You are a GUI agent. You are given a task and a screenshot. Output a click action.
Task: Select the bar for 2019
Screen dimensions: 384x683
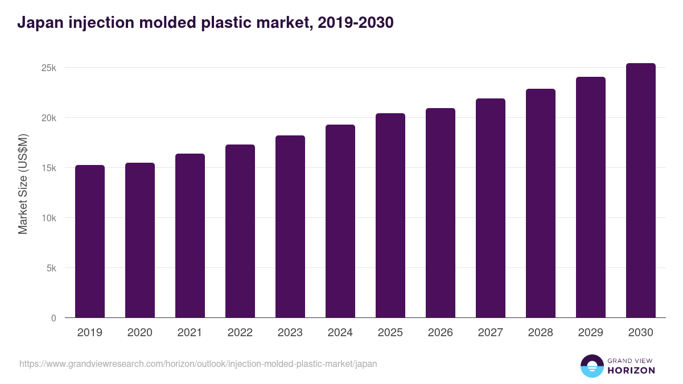pyautogui.click(x=90, y=241)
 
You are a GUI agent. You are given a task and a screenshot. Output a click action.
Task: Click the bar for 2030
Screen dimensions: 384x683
pyautogui.click(x=641, y=191)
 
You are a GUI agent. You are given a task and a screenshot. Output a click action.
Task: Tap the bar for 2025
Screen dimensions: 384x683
pyautogui.click(x=390, y=216)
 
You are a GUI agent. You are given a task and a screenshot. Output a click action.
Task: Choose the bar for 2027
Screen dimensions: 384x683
pyautogui.click(x=491, y=208)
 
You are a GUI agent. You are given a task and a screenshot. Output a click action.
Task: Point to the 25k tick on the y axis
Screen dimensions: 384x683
pyautogui.click(x=48, y=68)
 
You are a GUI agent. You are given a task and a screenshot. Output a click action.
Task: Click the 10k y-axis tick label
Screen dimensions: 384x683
pyautogui.click(x=48, y=218)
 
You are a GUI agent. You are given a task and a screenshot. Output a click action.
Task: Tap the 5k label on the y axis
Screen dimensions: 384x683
pyautogui.click(x=51, y=268)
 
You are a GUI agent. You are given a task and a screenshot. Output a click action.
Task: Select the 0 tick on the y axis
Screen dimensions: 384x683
pyautogui.click(x=54, y=318)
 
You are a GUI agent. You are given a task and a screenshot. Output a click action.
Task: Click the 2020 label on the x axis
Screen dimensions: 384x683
pyautogui.click(x=140, y=333)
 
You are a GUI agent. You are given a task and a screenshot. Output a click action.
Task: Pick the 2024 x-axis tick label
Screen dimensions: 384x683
pyautogui.click(x=340, y=333)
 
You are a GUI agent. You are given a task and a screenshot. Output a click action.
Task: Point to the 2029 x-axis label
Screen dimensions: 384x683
pyautogui.click(x=591, y=333)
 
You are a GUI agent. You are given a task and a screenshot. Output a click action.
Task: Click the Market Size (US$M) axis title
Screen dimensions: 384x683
pyautogui.click(x=23, y=183)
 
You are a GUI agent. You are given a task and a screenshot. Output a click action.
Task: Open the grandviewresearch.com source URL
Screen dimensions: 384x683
pyautogui.click(x=198, y=364)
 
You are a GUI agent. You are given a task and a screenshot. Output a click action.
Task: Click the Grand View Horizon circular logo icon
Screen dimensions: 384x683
pyautogui.click(x=591, y=366)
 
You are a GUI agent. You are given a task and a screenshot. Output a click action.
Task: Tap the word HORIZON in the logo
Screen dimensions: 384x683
pyautogui.click(x=631, y=370)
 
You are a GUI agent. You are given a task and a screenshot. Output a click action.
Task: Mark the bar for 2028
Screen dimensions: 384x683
pyautogui.click(x=541, y=203)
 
